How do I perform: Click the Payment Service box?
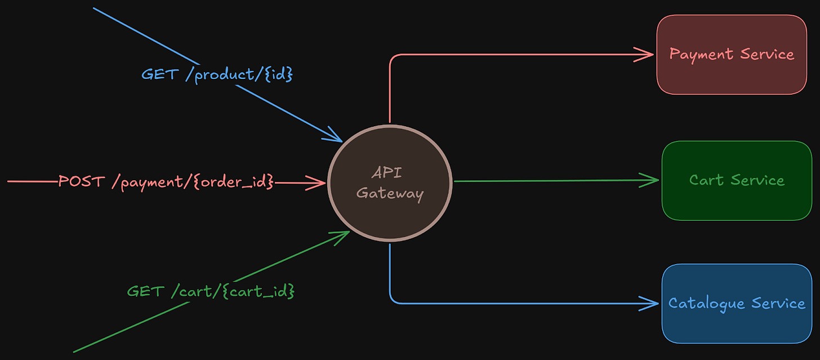732,55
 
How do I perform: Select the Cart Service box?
737,180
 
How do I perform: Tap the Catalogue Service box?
737,304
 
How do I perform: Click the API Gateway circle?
390,183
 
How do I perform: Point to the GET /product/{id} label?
217,74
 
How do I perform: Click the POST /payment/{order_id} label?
166,182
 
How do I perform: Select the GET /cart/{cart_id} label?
211,291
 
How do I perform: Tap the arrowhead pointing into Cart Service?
652,180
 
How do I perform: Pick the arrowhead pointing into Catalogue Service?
652,304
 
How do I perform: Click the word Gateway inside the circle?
390,194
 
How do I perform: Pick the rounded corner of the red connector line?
393,57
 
